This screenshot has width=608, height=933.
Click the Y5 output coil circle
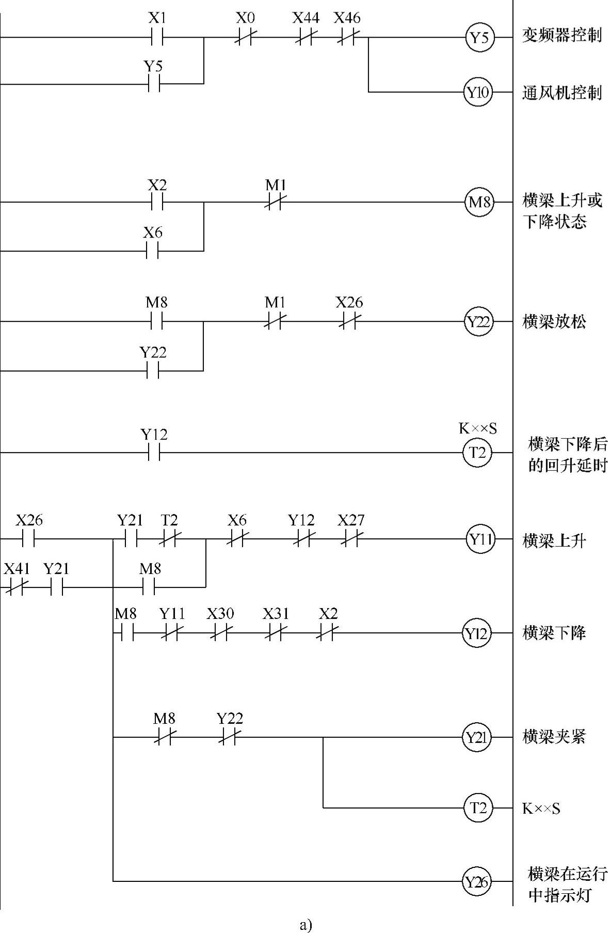click(479, 38)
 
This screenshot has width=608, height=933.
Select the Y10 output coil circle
click(478, 93)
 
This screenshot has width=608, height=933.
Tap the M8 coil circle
click(479, 202)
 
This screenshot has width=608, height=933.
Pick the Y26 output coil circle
click(477, 881)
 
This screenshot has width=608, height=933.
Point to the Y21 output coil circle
click(477, 737)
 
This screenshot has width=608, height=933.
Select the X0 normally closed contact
click(244, 37)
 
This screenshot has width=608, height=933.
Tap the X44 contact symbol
click(305, 37)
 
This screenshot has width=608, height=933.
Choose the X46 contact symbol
click(347, 37)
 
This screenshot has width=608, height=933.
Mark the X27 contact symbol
click(351, 539)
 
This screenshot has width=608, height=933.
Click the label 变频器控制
click(562, 36)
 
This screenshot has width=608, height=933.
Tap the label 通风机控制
click(562, 93)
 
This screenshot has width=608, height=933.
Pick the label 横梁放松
click(554, 322)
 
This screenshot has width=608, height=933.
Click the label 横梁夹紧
click(554, 736)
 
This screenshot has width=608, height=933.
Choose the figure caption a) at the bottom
click(306, 924)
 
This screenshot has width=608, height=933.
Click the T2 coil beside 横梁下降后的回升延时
click(477, 453)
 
